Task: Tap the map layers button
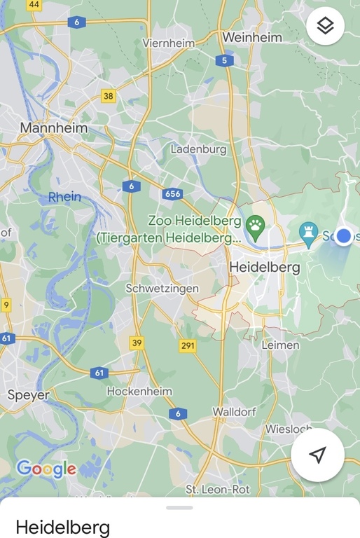325,27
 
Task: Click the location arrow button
317,455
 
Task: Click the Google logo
46,469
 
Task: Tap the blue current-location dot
343,236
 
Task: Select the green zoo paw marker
256,228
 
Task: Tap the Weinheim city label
251,37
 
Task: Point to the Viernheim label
168,43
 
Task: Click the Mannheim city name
54,128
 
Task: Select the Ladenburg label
199,149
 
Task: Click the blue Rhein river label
64,197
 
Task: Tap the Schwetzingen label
162,289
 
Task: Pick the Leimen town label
280,345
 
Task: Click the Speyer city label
29,395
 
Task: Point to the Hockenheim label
139,391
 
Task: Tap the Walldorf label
235,412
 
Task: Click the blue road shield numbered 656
172,193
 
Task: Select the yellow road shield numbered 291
188,345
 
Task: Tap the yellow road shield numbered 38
108,96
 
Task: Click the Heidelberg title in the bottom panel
62,526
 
